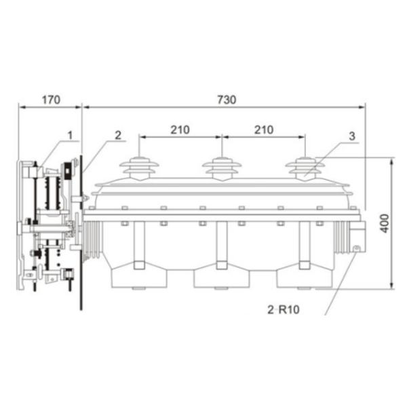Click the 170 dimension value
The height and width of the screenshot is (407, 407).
coord(51,100)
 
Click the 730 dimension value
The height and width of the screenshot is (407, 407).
coord(227,100)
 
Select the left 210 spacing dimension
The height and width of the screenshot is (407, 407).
coord(180,130)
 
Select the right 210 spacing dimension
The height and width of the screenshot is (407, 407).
coord(264,130)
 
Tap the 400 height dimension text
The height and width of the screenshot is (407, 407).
coord(385,223)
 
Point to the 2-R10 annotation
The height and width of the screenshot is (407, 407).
coord(284,309)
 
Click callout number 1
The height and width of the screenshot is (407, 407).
coord(70,135)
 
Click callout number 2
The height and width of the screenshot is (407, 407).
coord(118,135)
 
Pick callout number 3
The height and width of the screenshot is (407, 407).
coord(351,136)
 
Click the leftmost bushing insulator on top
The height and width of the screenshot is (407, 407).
coord(139,168)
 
